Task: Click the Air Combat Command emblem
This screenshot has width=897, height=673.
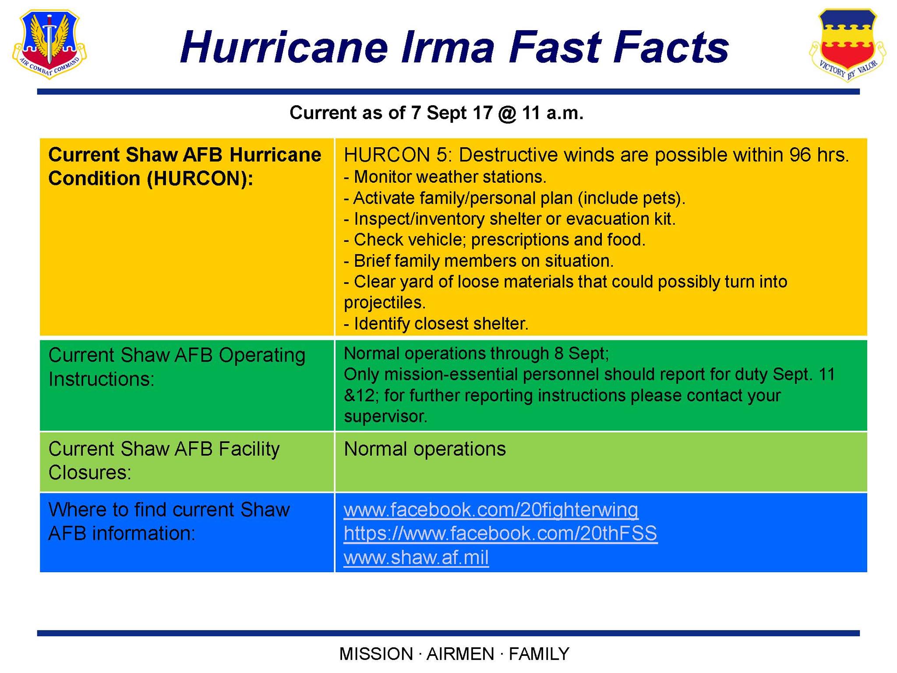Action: [49, 44]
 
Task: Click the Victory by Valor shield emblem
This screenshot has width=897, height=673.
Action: [848, 46]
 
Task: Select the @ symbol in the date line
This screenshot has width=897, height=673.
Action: [508, 113]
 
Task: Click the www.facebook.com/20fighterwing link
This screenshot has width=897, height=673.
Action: [491, 510]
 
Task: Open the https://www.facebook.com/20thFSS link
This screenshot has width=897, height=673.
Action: [501, 533]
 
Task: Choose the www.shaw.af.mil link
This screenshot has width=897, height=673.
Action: [416, 557]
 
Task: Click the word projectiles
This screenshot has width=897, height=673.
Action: [385, 303]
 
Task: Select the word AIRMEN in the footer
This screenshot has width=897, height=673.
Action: [460, 654]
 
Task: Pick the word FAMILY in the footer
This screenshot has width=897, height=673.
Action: [539, 654]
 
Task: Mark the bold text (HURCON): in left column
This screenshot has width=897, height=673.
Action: [200, 179]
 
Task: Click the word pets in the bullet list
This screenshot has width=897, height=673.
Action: [660, 198]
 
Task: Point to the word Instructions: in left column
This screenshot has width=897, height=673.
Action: [102, 379]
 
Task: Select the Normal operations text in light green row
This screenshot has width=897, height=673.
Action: [425, 449]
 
